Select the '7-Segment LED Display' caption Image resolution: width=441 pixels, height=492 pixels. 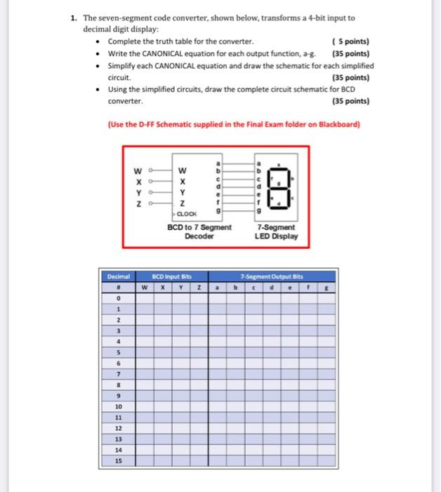click(x=277, y=231)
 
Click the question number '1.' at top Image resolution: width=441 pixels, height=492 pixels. click(x=74, y=18)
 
